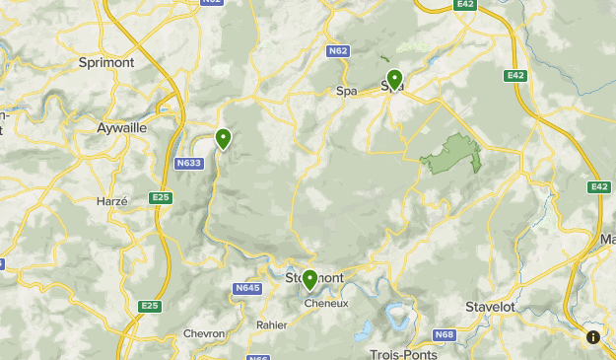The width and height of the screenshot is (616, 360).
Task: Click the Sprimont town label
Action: [x=105, y=61]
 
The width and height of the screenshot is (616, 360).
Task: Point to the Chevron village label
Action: [x=204, y=333]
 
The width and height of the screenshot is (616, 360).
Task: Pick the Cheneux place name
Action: [x=320, y=304]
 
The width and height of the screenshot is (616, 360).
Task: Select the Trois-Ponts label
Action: [x=400, y=352]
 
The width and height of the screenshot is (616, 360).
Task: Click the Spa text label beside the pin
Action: [x=346, y=91]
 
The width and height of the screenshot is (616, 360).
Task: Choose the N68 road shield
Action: [x=445, y=334]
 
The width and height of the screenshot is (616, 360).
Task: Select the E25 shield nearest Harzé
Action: [x=161, y=198]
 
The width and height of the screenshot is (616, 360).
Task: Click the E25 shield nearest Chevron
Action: [x=149, y=306]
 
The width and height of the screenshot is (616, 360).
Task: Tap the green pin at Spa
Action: [x=395, y=79]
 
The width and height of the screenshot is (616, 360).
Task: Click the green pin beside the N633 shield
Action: [x=224, y=139]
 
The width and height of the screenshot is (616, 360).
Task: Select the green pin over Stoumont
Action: [x=309, y=280]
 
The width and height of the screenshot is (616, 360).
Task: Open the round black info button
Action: [x=593, y=337]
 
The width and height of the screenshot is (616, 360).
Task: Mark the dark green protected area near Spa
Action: [x=453, y=154]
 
